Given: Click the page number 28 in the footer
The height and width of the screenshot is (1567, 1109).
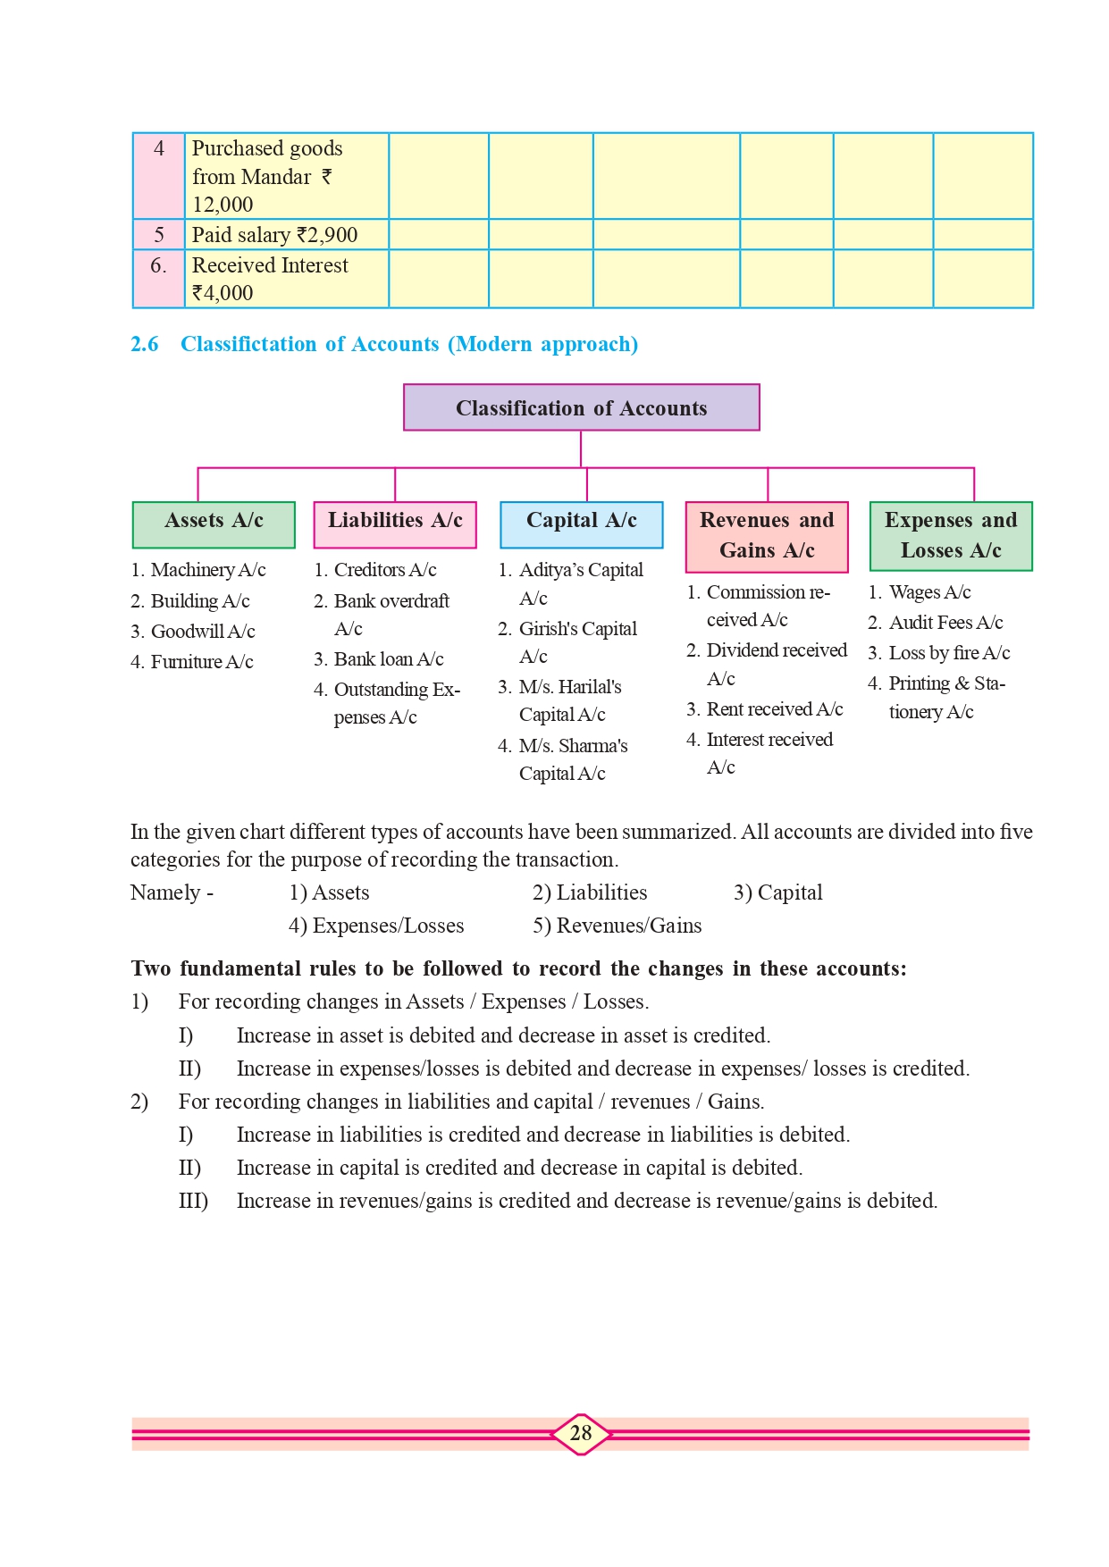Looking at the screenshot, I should (x=581, y=1433).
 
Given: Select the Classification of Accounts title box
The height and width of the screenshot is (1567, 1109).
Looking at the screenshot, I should (x=581, y=408).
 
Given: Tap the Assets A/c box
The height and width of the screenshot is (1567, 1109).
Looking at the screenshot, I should (x=214, y=524).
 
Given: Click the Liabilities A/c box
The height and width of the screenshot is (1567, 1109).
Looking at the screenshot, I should (x=395, y=524).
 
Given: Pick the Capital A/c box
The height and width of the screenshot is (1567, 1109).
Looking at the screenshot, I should (x=581, y=524).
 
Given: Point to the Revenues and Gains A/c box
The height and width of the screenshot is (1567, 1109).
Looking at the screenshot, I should (x=767, y=536).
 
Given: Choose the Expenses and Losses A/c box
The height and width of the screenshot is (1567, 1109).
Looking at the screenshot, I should (x=951, y=536).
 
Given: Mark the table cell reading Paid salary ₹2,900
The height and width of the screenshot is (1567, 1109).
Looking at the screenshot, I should (x=275, y=235).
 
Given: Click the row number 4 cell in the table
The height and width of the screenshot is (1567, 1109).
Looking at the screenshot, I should (x=159, y=149).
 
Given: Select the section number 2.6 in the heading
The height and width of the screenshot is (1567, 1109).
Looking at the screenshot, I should (x=145, y=345).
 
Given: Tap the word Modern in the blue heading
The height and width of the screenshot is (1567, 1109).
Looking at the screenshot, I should (x=494, y=345).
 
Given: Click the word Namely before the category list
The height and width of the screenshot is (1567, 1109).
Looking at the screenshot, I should (x=165, y=892).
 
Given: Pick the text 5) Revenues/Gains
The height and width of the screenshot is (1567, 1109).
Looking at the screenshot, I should (x=618, y=926).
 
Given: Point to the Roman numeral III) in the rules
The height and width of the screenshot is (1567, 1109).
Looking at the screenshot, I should (x=193, y=1201).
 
